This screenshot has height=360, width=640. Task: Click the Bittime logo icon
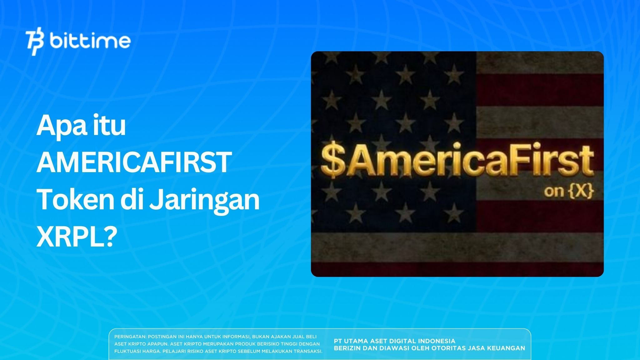coord(35,42)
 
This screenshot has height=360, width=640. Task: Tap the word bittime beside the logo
coord(90,41)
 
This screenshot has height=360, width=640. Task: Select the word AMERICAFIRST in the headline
coord(134,163)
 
